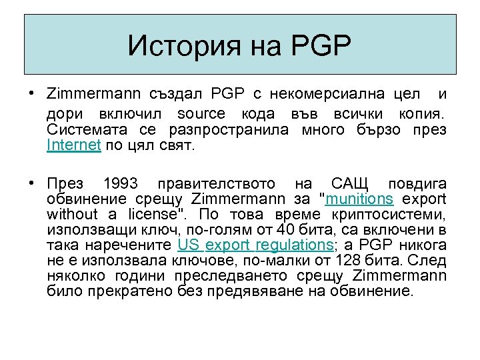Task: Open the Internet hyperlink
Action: (x=73, y=145)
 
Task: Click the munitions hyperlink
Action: (x=359, y=199)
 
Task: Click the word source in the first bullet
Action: (x=201, y=115)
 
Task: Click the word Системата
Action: (x=81, y=130)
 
